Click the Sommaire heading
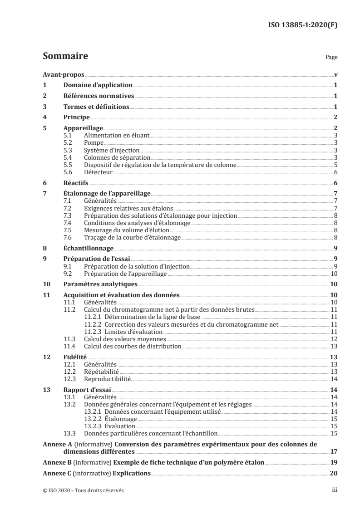pos(65,57)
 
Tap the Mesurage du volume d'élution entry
pos(119,230)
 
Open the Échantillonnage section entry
pos(88,249)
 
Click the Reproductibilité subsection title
pos(108,378)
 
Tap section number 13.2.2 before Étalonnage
pos(94,419)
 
